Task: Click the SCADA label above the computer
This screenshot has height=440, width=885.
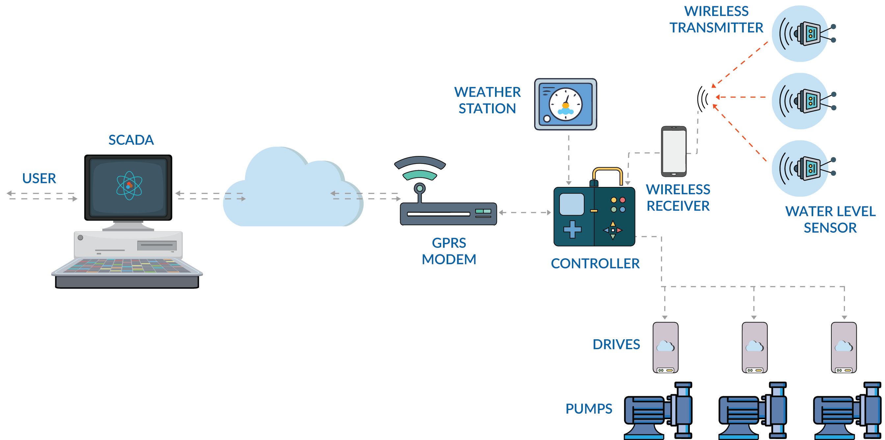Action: click(131, 140)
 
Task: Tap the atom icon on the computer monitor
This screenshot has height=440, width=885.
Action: click(129, 186)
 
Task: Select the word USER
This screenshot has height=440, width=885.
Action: click(39, 178)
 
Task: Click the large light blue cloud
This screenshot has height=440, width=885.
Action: click(292, 192)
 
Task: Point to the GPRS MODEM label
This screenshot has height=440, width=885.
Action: click(449, 251)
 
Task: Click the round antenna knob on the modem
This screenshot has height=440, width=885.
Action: click(420, 188)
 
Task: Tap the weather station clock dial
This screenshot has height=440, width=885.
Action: click(565, 104)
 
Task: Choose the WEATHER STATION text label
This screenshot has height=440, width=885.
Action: click(487, 100)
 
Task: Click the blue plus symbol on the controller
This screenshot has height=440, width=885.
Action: click(572, 229)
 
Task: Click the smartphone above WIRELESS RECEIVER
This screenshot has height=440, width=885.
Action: click(674, 151)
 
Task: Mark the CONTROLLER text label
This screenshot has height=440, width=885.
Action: click(595, 264)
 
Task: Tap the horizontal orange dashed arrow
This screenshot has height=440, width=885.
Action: click(741, 97)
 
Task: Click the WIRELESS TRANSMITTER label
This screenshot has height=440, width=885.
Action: click(716, 19)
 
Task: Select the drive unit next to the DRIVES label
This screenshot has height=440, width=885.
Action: click(665, 347)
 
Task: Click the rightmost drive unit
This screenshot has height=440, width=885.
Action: click(844, 347)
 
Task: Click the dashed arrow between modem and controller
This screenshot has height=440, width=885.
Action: click(525, 213)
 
